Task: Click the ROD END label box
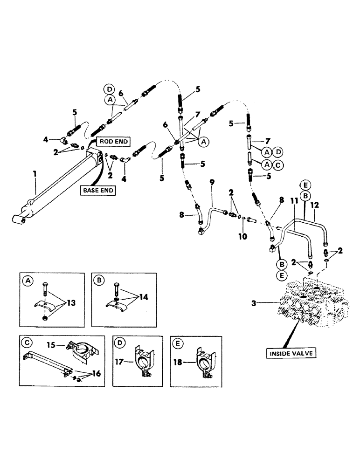click(x=113, y=142)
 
